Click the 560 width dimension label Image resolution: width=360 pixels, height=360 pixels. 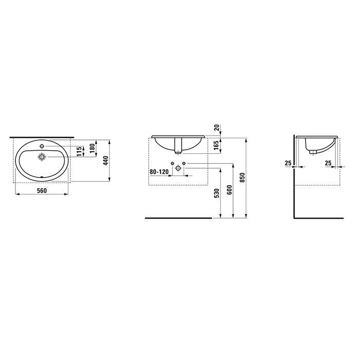(x=42, y=191)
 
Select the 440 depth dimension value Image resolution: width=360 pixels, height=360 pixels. (x=105, y=160)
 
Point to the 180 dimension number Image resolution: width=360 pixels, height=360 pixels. (x=92, y=148)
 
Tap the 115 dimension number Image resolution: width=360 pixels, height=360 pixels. (x=79, y=152)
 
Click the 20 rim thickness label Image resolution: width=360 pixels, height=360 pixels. (x=217, y=128)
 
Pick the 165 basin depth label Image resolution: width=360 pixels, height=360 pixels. (x=216, y=146)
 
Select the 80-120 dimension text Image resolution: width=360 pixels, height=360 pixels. (x=159, y=172)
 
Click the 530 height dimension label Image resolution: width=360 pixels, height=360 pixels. (x=217, y=193)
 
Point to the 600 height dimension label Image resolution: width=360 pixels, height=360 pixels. (x=229, y=190)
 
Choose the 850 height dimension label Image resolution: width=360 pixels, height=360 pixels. (x=242, y=177)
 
